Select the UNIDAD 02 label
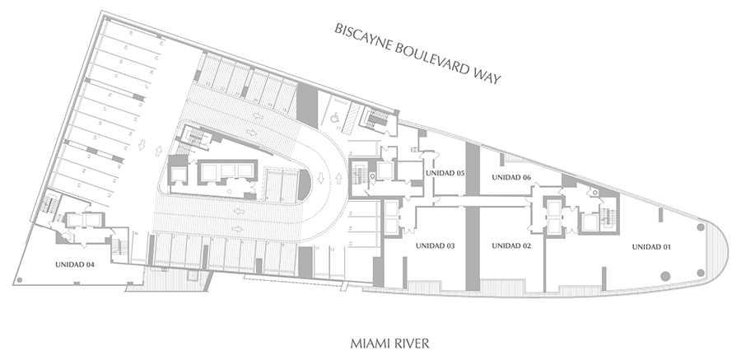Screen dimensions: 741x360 [x=510, y=246]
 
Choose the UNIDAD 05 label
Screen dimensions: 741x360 [x=445, y=173]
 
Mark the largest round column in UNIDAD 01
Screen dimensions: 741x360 [x=664, y=276]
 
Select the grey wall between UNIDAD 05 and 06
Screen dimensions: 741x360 [x=472, y=168]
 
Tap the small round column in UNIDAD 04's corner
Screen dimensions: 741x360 [x=18, y=279]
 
